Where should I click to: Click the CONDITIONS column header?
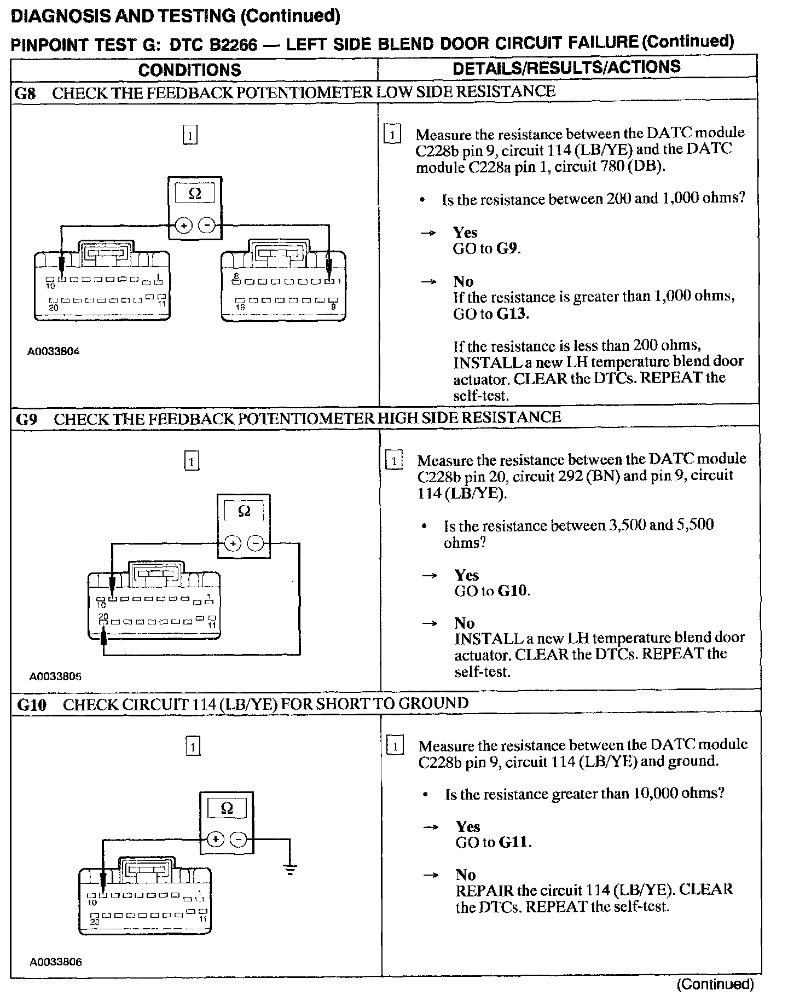coord(189,70)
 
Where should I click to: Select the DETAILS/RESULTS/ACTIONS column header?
coord(566,67)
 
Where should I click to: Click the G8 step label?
coord(25,93)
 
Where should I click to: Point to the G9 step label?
coord(26,419)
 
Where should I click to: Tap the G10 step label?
coord(32,704)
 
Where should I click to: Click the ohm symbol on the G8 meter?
coord(194,194)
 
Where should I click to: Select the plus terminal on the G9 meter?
coord(233,543)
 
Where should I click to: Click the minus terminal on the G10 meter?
coord(238,840)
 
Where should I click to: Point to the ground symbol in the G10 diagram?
coord(289,869)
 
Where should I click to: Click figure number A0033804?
coord(54,351)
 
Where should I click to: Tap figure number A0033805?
coord(55,676)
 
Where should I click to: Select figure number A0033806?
coord(56,962)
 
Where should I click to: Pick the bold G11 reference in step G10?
coord(514,842)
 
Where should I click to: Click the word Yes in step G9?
coord(467,575)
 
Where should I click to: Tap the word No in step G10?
coord(466,875)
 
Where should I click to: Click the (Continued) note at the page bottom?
coord(715,985)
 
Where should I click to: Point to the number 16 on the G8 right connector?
coord(240,308)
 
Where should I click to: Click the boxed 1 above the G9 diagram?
coord(192,461)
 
